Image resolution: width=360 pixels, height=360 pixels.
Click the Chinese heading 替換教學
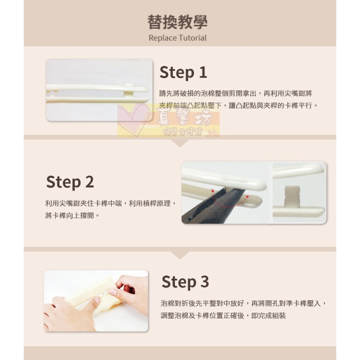pyautogui.click(x=177, y=22)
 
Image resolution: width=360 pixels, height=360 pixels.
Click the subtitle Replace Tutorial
pyautogui.click(x=177, y=38)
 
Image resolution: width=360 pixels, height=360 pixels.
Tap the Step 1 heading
pyautogui.click(x=183, y=72)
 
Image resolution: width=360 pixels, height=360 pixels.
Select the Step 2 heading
pyautogui.click(x=70, y=182)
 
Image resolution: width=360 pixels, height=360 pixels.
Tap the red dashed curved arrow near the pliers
pyautogui.click(x=230, y=202)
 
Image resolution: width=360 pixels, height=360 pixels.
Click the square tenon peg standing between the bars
pyautogui.click(x=292, y=197)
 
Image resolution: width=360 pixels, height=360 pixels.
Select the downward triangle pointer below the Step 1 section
pyautogui.click(x=180, y=143)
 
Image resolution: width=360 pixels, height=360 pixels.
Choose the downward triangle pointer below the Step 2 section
pyautogui.click(x=180, y=255)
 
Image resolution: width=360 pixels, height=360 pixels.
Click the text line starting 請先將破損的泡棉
pyautogui.click(x=236, y=94)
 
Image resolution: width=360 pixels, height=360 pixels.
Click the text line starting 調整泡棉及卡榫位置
pyautogui.click(x=223, y=316)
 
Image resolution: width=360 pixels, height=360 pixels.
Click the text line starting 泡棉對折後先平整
pyautogui.click(x=243, y=303)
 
